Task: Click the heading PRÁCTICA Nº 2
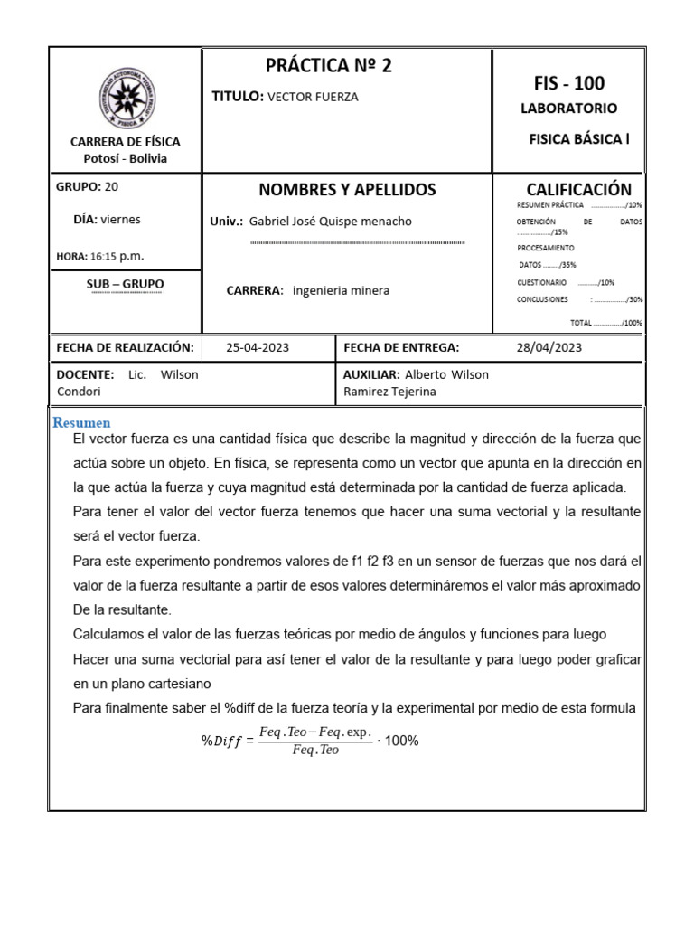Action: [x=329, y=65]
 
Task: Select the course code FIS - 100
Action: [x=569, y=84]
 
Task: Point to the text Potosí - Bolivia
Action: [x=125, y=158]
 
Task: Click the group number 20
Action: [x=111, y=187]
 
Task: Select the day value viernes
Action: [x=120, y=219]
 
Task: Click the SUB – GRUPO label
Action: [x=125, y=284]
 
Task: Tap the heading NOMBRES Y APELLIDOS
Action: [x=347, y=190]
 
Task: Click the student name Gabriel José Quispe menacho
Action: [x=330, y=222]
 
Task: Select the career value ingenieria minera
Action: [x=342, y=290]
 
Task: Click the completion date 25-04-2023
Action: [x=258, y=347]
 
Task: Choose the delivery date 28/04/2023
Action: [x=549, y=347]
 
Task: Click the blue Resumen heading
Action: [x=81, y=422]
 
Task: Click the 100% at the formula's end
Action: [x=401, y=741]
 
